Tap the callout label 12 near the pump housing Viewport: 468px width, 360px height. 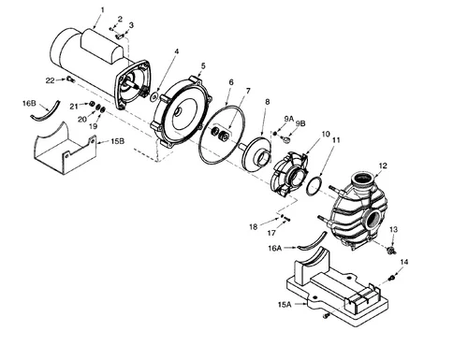382,166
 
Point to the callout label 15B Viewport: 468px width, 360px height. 117,141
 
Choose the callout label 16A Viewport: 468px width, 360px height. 273,250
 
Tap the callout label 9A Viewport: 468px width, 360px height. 288,119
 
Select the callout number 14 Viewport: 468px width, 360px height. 404,264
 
